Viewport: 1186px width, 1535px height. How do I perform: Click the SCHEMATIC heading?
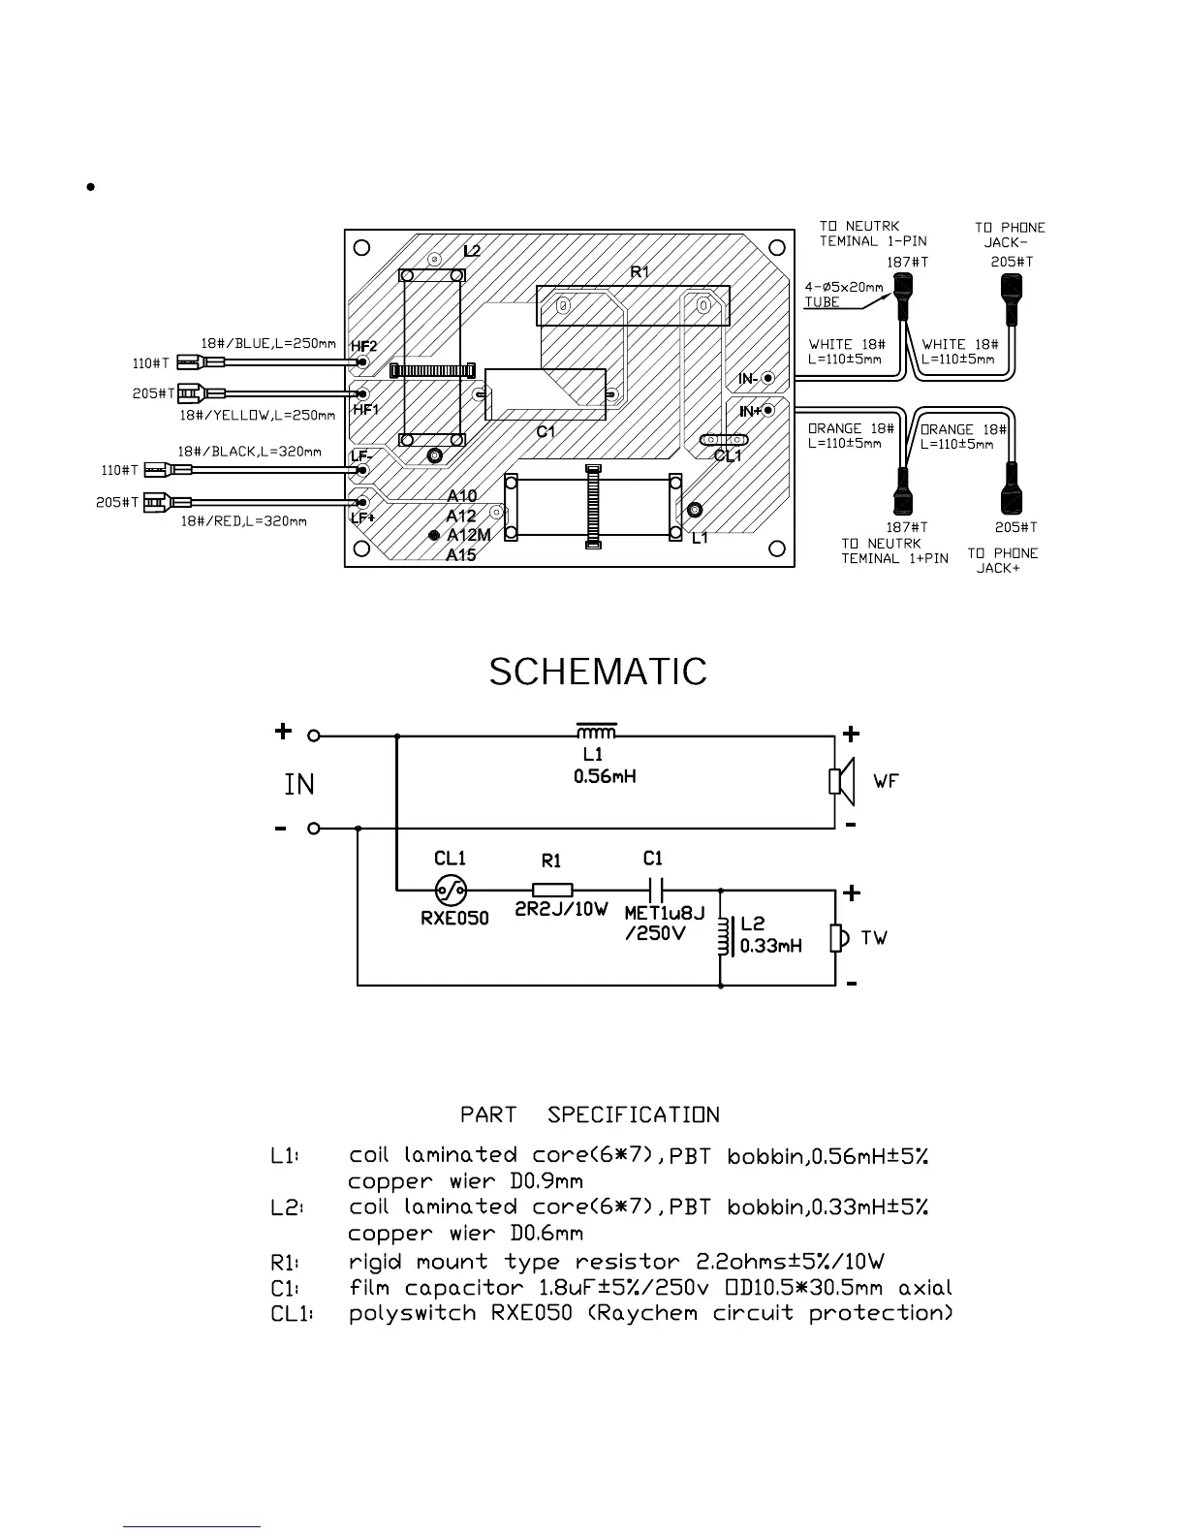598,672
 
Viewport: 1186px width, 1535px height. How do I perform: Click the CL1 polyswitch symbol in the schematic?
451,889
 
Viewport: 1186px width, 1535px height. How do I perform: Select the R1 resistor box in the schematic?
552,889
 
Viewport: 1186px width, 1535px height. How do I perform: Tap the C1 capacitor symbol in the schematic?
655,889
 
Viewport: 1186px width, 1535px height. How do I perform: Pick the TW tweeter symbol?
838,938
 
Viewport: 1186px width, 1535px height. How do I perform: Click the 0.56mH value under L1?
605,776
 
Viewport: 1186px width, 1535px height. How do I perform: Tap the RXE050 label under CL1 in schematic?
454,918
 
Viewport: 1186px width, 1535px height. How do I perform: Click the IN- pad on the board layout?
768,378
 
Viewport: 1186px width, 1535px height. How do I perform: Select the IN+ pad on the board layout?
768,410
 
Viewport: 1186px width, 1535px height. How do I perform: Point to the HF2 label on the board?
363,346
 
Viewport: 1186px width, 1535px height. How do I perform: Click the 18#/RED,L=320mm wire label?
244,521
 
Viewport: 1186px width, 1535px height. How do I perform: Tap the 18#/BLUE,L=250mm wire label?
268,343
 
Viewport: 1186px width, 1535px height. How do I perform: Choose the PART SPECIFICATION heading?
590,1114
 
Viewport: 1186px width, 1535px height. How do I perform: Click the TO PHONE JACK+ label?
1002,560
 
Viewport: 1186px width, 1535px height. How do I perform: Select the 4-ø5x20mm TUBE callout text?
842,294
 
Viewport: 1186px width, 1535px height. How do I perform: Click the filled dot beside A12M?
435,535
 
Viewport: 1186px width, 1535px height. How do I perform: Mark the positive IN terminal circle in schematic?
314,736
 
